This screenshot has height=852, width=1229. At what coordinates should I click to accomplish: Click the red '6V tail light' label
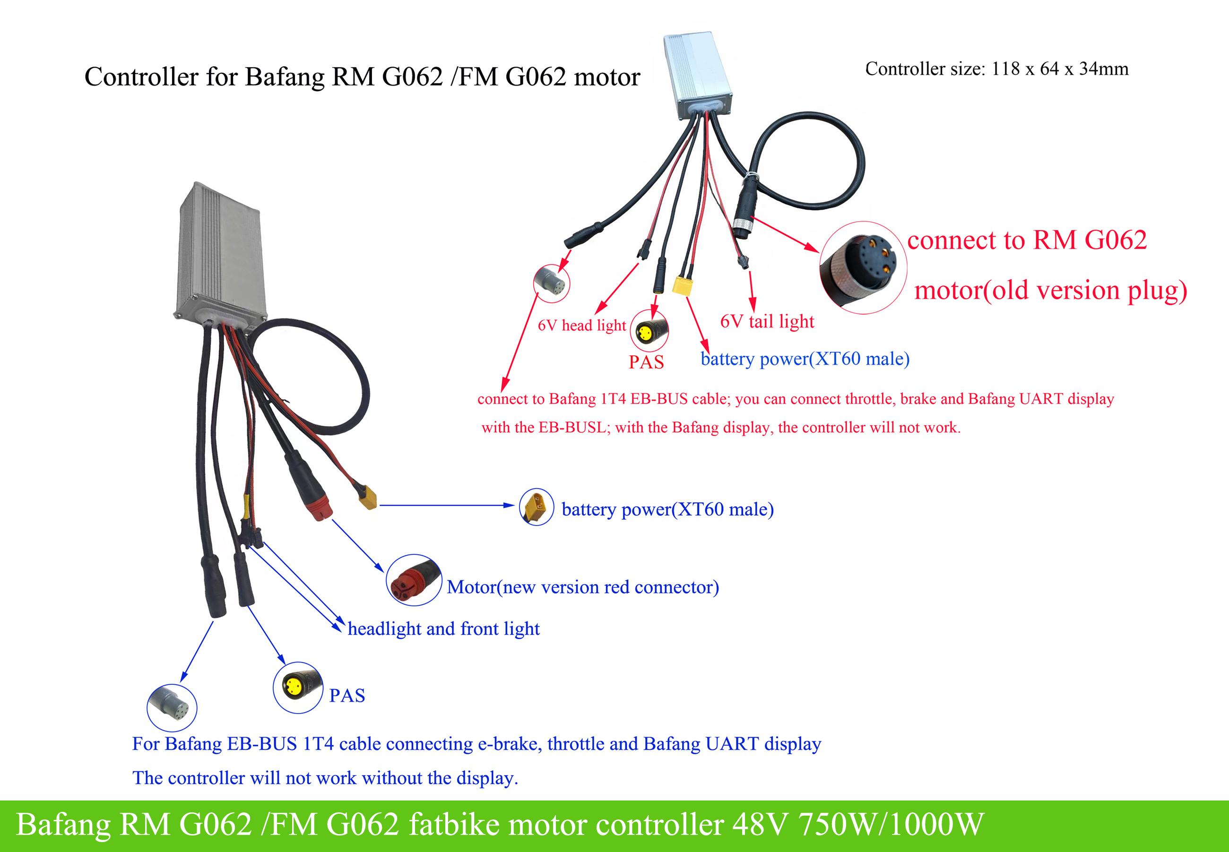767,321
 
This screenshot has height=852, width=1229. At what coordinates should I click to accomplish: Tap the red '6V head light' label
581,325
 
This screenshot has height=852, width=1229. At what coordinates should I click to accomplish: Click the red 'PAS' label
646,362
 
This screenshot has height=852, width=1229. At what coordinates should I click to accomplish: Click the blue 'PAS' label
347,696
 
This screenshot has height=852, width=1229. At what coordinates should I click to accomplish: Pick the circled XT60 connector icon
536,507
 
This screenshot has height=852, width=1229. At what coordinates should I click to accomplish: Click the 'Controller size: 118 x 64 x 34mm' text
997,69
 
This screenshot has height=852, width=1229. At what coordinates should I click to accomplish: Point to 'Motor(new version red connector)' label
582,587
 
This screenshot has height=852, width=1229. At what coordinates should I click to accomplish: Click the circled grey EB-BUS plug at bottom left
172,708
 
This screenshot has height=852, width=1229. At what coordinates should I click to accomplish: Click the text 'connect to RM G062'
1027,240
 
